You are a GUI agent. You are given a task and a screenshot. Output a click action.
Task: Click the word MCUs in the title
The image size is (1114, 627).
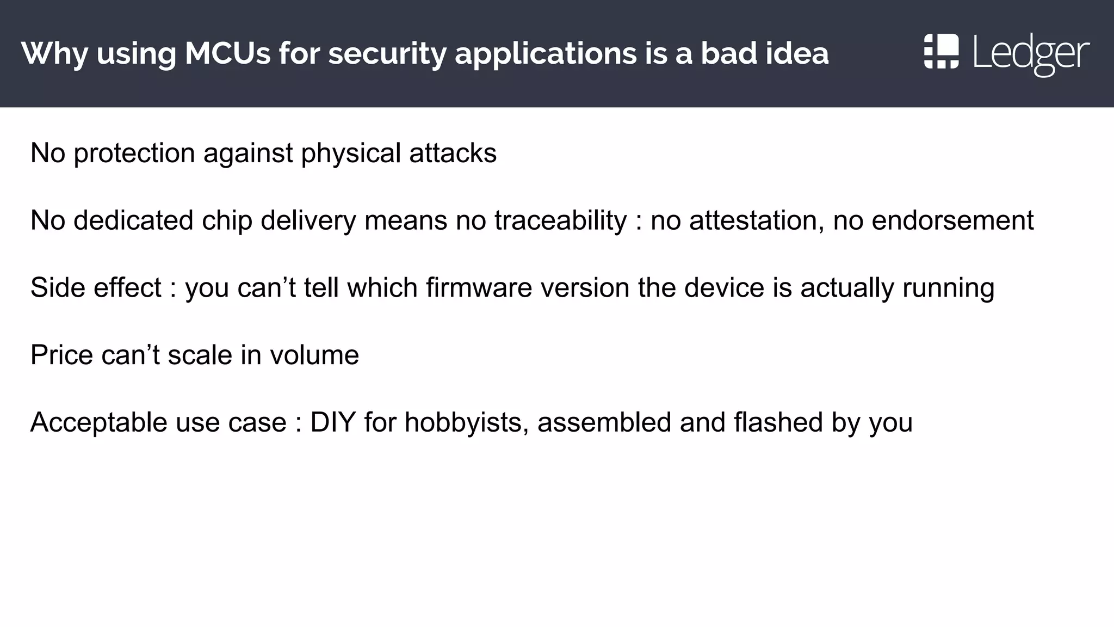click(227, 53)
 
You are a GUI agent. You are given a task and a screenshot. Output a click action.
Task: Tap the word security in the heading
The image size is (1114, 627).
click(387, 53)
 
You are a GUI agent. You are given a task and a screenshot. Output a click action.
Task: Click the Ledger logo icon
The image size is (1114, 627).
click(941, 51)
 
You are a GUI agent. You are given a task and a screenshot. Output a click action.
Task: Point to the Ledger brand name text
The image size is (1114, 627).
click(1031, 53)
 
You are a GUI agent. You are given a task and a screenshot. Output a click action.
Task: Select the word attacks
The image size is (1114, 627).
click(453, 153)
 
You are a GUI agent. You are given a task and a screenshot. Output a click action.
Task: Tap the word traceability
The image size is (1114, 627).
click(560, 221)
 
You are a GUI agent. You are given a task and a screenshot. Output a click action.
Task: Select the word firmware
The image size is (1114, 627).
click(479, 288)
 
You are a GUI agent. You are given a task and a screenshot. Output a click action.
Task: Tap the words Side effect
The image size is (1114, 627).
click(96, 288)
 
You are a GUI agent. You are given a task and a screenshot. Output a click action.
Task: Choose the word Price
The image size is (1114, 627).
click(61, 355)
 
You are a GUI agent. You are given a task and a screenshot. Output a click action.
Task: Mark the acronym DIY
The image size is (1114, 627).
click(332, 422)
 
